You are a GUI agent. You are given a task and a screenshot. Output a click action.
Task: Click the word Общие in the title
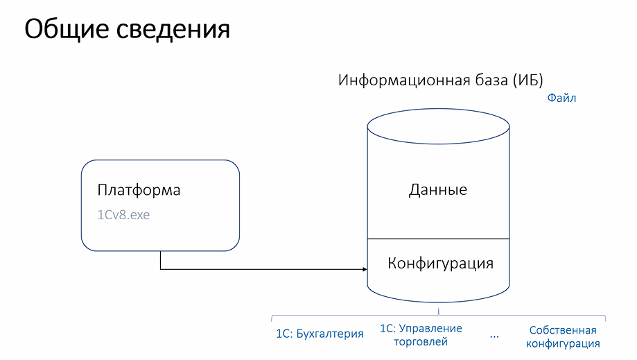67,29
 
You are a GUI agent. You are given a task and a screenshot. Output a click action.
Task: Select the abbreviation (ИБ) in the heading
527,80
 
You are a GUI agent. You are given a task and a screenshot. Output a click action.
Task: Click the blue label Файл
561,98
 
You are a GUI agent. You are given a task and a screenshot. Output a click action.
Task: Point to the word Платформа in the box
139,190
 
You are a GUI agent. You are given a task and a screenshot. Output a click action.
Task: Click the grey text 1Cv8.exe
123,214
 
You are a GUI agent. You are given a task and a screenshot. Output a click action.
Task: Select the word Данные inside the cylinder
438,190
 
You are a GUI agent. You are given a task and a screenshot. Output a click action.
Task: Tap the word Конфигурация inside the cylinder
440,264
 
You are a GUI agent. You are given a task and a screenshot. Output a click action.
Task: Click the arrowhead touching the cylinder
365,269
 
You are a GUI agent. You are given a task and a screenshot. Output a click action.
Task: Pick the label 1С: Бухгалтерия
320,334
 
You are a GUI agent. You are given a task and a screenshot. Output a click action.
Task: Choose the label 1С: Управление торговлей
421,335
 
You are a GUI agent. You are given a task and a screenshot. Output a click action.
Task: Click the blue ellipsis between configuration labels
494,336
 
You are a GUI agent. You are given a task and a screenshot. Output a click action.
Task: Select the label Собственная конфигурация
563,337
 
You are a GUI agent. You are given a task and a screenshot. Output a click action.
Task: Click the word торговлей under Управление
421,342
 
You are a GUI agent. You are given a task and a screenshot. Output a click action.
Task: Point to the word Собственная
563,330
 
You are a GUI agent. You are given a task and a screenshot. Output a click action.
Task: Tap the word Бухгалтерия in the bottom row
330,334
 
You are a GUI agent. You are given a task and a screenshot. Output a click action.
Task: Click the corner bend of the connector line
161,269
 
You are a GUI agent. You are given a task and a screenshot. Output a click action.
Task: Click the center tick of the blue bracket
439,311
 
